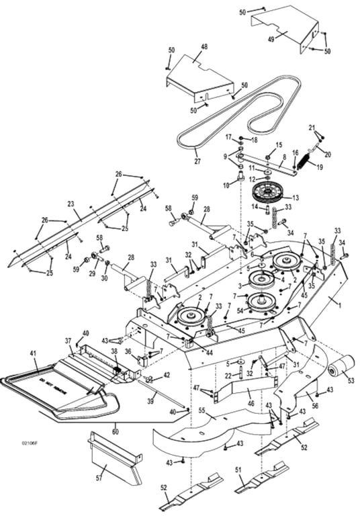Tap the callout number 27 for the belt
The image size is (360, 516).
pyautogui.click(x=179, y=161)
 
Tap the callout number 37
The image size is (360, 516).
pyautogui.click(x=68, y=341)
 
